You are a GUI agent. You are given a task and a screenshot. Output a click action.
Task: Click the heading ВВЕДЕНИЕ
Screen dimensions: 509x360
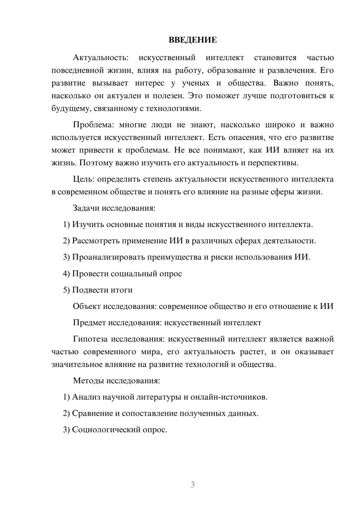pos(193,40)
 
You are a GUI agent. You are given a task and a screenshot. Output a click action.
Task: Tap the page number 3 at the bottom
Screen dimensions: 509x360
pos(193,485)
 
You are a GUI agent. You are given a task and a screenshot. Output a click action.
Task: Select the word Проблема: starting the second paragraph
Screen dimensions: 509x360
pos(92,125)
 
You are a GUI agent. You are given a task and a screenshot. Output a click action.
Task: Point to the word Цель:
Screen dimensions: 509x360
pos(84,179)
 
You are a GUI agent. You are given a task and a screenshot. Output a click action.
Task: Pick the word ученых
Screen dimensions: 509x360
pos(195,83)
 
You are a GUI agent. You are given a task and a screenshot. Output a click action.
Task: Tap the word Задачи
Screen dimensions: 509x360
pos(86,208)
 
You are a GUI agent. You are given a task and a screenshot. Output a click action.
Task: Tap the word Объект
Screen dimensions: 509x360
pos(87,306)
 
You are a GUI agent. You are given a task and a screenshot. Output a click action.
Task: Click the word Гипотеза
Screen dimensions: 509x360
pos(90,339)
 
